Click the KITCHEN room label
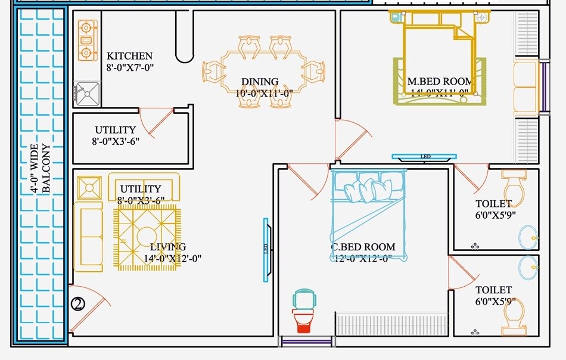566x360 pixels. [x=129, y=56]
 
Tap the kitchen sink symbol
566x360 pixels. [x=88, y=94]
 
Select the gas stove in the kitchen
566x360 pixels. [x=87, y=41]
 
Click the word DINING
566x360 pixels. [x=260, y=82]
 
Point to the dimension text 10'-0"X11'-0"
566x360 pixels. [x=264, y=93]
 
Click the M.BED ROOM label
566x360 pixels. [x=440, y=81]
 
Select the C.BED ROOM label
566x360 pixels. [x=363, y=247]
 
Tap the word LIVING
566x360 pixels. [x=167, y=247]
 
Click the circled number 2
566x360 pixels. [x=78, y=304]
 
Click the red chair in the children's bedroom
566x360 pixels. [x=304, y=319]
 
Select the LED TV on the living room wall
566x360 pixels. [x=266, y=249]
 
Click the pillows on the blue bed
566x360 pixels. [x=368, y=190]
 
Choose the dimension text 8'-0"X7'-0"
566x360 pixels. [x=130, y=68]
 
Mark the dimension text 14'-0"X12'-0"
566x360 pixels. [x=173, y=259]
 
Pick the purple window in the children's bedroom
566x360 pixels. [x=306, y=342]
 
